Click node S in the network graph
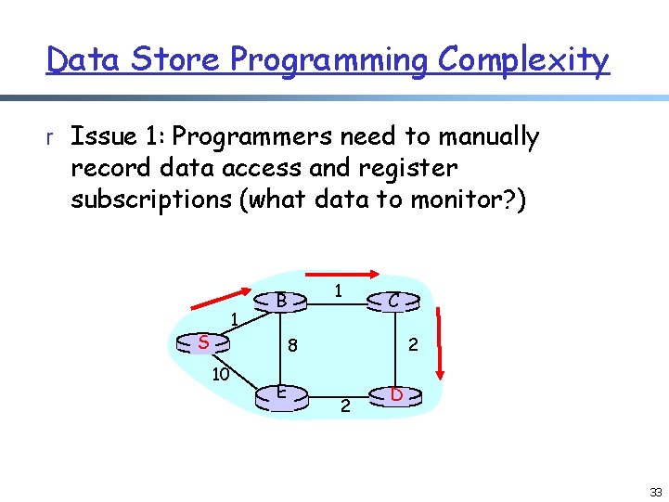click(x=203, y=343)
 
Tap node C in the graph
click(x=394, y=301)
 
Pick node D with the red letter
click(x=395, y=395)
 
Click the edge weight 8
click(x=291, y=346)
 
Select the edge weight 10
click(x=220, y=374)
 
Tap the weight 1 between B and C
click(x=340, y=290)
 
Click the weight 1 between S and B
click(x=236, y=320)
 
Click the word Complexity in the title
click(x=524, y=59)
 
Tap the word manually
click(x=488, y=137)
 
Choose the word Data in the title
click(x=84, y=59)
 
